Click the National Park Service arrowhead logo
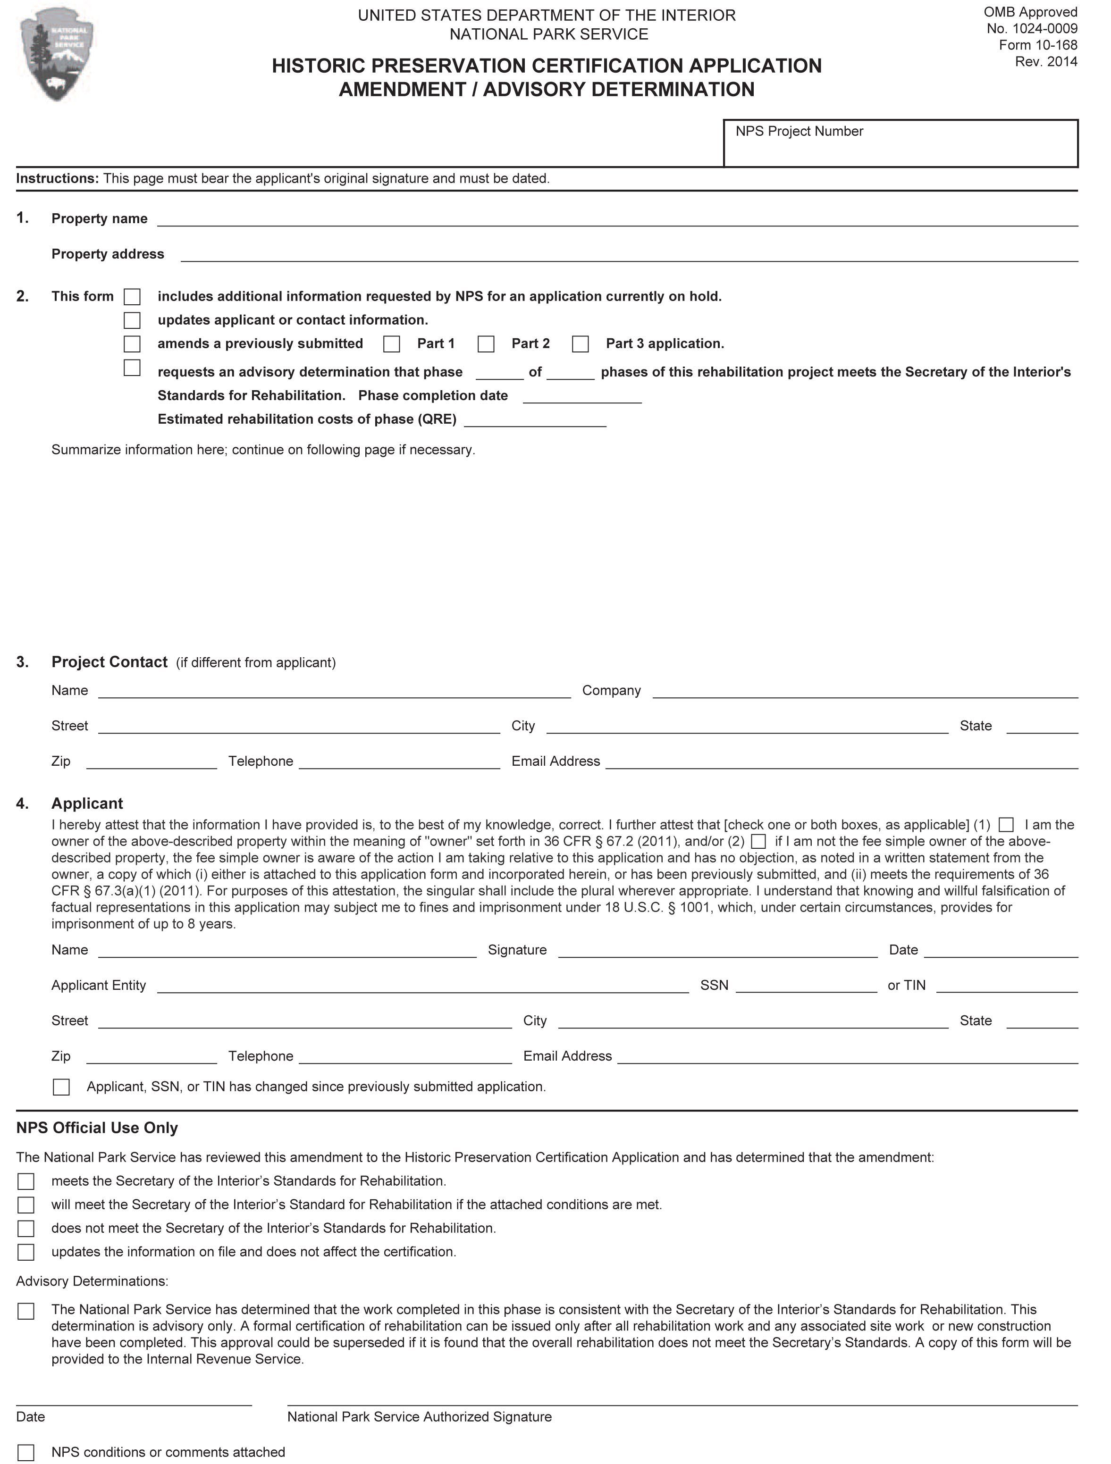tap(57, 54)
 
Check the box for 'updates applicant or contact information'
tap(133, 320)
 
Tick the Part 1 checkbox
tap(392, 344)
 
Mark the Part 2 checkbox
tap(486, 344)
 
